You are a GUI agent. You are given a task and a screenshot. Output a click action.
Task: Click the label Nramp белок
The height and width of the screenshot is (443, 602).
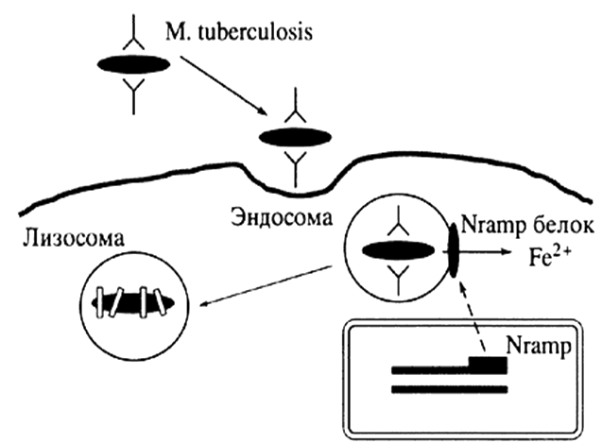(527, 230)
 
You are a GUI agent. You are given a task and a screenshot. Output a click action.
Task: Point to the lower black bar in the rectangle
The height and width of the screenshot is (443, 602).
(448, 388)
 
